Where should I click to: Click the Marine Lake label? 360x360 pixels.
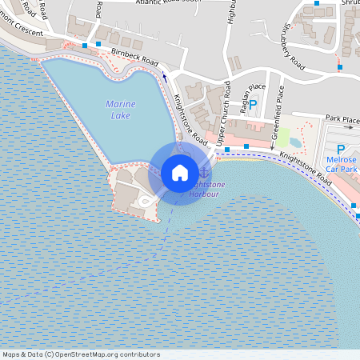[120, 110]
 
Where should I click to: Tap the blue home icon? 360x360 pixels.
[180, 173]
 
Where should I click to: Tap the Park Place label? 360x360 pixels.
[342, 121]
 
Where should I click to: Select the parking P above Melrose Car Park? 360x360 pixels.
[340, 149]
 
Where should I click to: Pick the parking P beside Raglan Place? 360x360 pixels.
[254, 104]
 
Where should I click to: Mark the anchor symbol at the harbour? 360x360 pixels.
[204, 170]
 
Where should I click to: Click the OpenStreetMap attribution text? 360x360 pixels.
[80, 354]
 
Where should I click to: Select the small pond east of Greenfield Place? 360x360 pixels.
[295, 142]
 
